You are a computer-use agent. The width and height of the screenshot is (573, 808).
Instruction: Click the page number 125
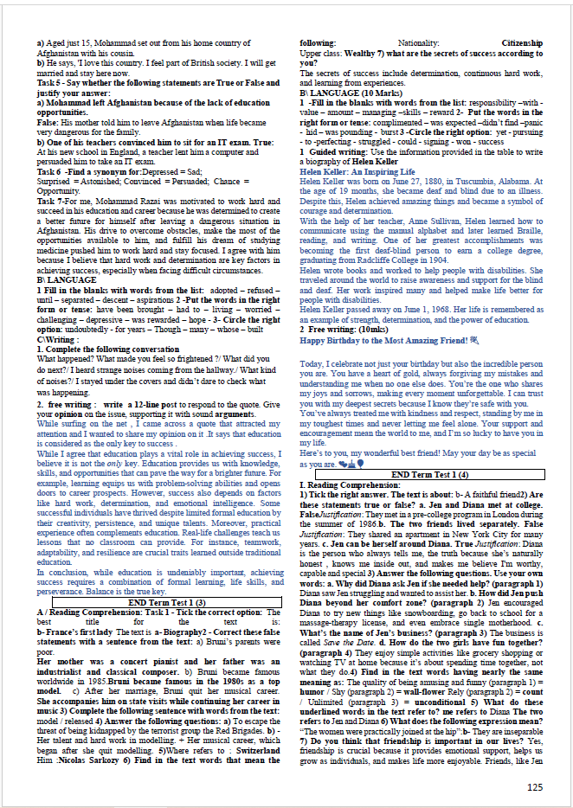(535, 786)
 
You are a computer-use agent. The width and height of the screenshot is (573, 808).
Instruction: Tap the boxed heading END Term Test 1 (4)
(428, 475)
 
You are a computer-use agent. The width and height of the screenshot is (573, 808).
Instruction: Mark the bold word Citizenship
(522, 42)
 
